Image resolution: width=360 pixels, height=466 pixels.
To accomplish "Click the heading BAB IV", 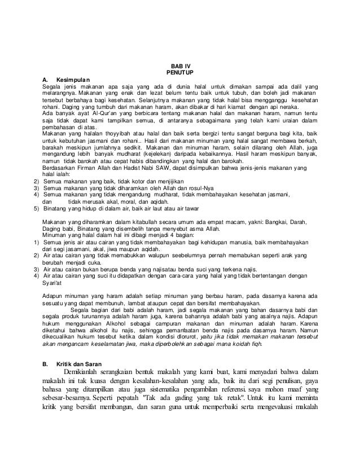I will [181, 67].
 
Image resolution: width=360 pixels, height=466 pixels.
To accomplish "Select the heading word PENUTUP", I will [181, 73].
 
